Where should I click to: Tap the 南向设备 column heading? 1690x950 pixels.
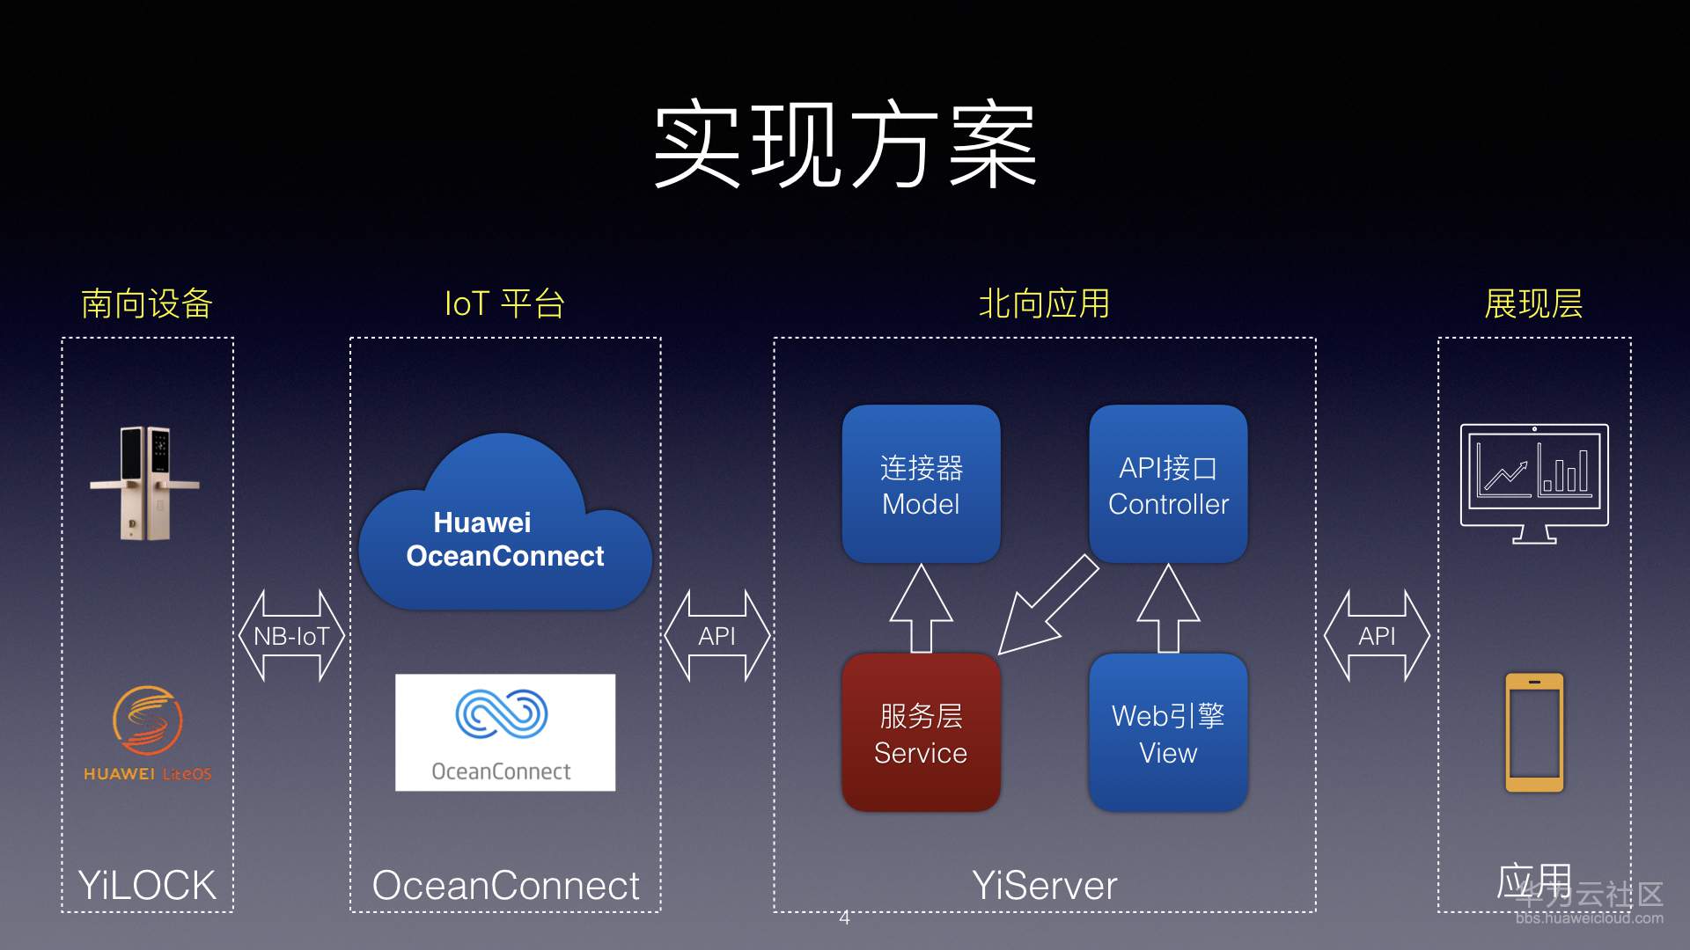tap(147, 304)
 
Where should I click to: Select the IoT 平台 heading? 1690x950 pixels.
tap(504, 304)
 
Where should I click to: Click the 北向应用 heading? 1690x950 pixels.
tap(1044, 304)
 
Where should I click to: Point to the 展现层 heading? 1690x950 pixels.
tap(1533, 304)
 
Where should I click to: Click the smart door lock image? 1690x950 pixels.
tap(145, 483)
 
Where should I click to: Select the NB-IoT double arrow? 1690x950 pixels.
tap(291, 636)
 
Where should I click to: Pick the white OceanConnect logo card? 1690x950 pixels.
tap(504, 732)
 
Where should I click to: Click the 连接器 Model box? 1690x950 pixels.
tap(921, 485)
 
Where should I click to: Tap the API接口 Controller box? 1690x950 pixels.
tap(1168, 485)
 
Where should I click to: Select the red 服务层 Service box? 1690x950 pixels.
tap(921, 733)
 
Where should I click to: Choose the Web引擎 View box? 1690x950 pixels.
tap(1168, 733)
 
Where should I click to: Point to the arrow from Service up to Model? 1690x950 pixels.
tap(921, 609)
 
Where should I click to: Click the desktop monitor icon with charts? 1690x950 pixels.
tap(1534, 482)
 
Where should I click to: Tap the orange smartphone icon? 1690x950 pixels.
tap(1534, 732)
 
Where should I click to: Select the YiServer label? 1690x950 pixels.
tap(1044, 885)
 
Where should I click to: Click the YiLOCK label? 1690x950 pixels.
tap(147, 885)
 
